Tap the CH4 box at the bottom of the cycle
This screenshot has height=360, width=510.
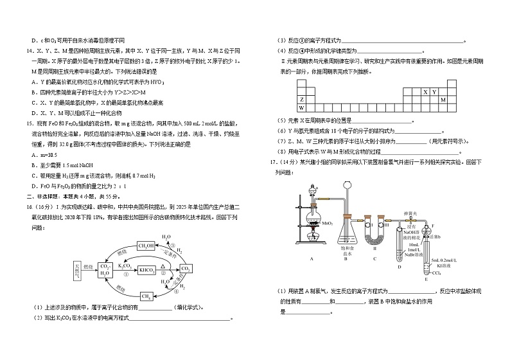click(145, 296)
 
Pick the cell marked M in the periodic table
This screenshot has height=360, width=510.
click(443, 100)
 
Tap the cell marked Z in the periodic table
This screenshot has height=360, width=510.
click(301, 100)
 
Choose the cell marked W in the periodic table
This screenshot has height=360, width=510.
click(301, 107)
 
